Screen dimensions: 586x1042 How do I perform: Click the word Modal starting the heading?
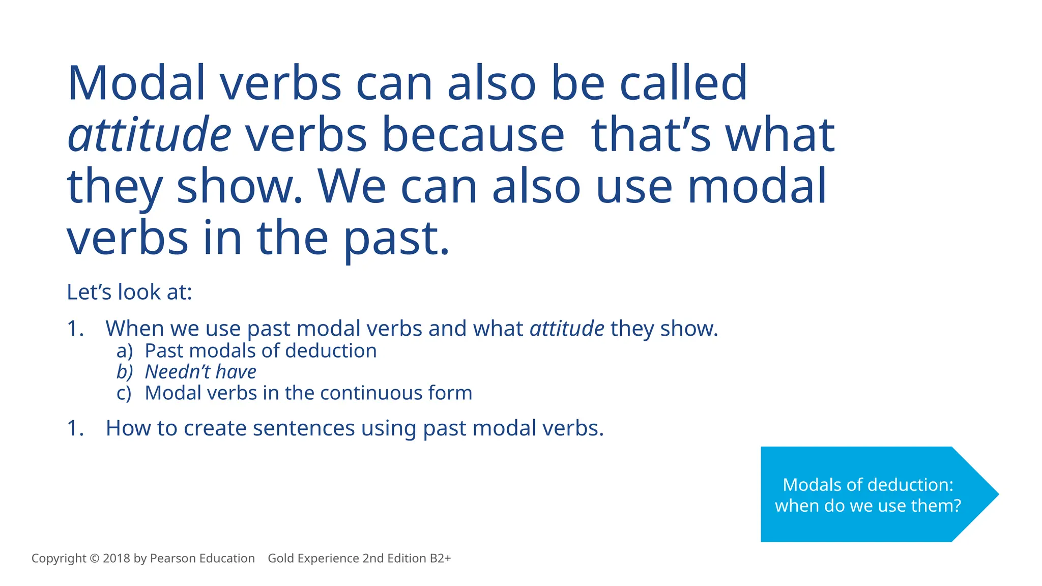pos(136,83)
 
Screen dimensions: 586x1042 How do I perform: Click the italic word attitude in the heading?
pos(150,135)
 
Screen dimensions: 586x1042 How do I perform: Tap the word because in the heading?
pos(473,135)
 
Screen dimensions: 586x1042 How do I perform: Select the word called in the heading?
pos(683,83)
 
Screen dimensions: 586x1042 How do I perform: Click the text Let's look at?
pos(129,292)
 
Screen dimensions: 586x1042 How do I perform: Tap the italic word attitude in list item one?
pos(567,329)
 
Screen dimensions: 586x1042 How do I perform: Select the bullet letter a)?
pos(124,351)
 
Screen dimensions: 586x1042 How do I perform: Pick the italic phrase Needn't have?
pos(200,372)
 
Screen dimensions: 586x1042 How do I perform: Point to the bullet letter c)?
pos(124,393)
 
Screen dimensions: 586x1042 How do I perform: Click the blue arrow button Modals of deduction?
pos(867,494)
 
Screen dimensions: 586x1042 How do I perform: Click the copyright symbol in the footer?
pos(94,559)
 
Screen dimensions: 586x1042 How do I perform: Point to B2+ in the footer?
pos(440,559)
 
